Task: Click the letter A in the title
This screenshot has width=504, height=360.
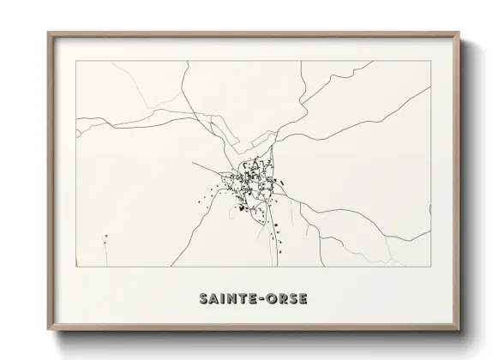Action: click(211, 300)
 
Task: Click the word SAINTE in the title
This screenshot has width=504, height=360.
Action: click(227, 300)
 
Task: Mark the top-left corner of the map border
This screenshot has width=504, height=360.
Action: click(76, 61)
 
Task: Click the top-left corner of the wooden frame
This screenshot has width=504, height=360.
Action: click(48, 32)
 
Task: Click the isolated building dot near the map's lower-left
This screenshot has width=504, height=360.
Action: click(105, 237)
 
